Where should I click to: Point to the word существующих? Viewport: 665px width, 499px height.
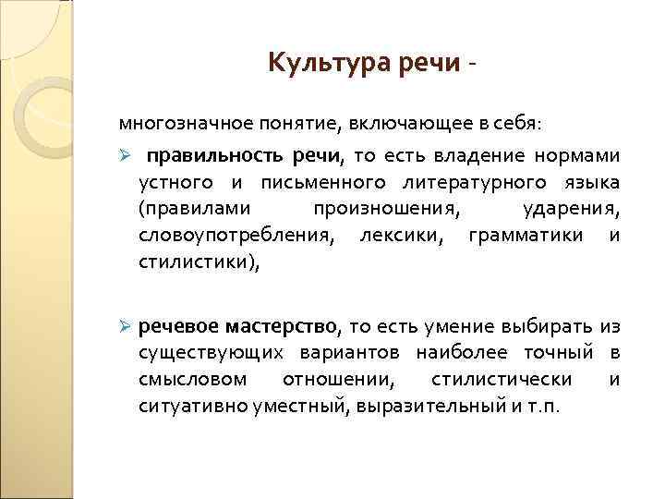(x=213, y=352)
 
